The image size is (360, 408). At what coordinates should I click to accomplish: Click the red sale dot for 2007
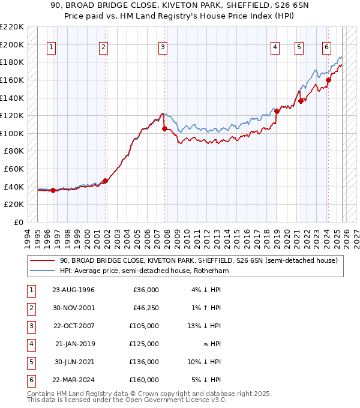(x=164, y=128)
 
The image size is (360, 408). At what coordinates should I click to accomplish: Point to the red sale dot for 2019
(x=277, y=111)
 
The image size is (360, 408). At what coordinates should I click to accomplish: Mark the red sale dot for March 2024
(x=328, y=80)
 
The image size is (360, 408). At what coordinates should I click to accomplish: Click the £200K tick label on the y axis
(x=13, y=44)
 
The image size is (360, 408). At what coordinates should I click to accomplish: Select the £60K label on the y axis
(x=15, y=169)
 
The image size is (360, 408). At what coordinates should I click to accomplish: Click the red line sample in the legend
(x=42, y=261)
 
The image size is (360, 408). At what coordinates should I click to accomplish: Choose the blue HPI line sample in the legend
(x=42, y=271)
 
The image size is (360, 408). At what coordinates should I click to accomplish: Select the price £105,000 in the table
(x=144, y=326)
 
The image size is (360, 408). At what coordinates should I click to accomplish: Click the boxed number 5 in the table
(x=29, y=362)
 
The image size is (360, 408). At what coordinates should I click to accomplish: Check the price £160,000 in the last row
(x=144, y=380)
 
